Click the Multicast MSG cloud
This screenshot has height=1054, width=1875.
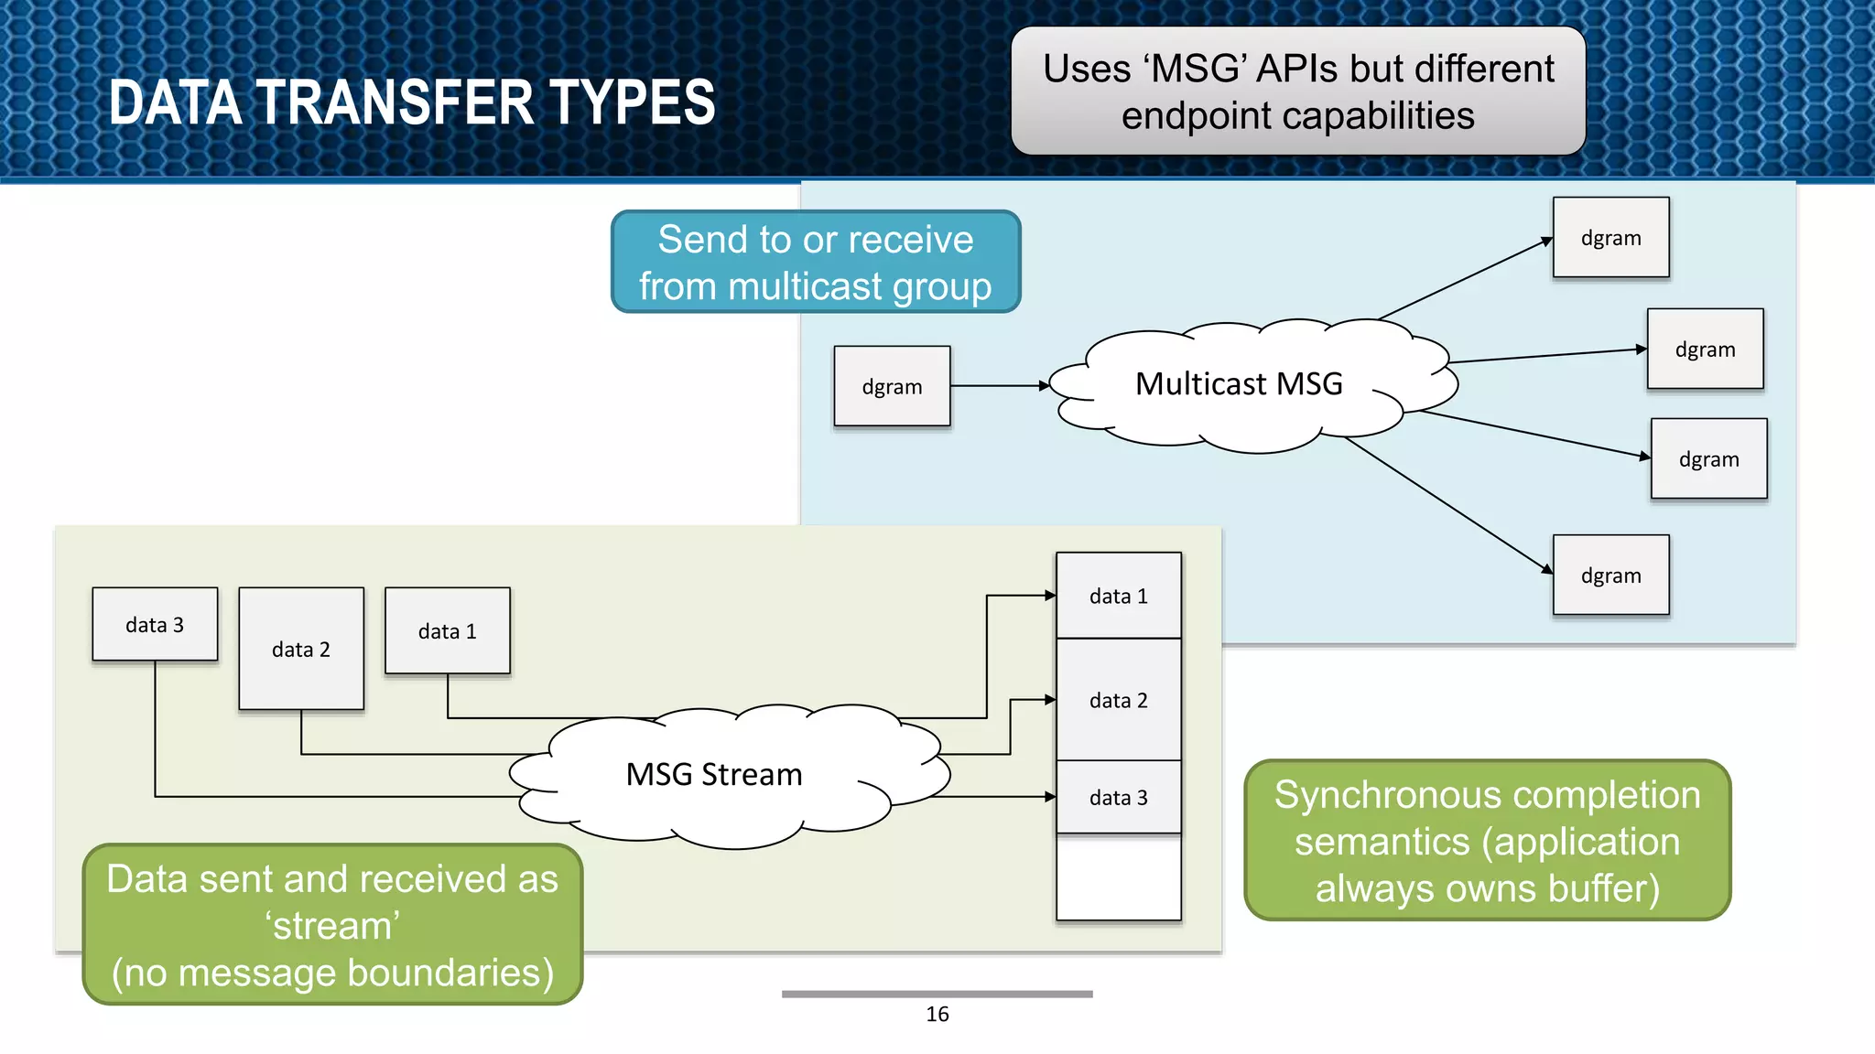click(1240, 384)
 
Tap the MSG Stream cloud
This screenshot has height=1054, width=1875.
click(714, 775)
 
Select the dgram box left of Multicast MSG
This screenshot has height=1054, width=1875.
click(892, 386)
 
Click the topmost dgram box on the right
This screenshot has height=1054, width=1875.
click(1610, 238)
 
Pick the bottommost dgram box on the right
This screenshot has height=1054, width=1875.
click(1610, 575)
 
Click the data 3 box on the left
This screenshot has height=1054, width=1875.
click(155, 624)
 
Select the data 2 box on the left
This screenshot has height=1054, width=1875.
click(301, 649)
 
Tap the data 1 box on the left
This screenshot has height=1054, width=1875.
click(448, 630)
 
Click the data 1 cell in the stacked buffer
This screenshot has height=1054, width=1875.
click(1118, 596)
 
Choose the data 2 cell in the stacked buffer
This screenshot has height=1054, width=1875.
click(1118, 700)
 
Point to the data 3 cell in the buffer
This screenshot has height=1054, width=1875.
click(1118, 797)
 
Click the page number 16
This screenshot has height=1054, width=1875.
click(937, 1014)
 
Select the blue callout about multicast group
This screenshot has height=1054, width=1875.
click(815, 262)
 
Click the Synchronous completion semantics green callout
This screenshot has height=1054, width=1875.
click(1487, 840)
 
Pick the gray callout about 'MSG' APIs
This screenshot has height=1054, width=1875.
click(1297, 91)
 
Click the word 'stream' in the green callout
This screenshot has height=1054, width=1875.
click(332, 926)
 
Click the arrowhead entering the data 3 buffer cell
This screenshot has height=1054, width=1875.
click(1050, 797)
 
